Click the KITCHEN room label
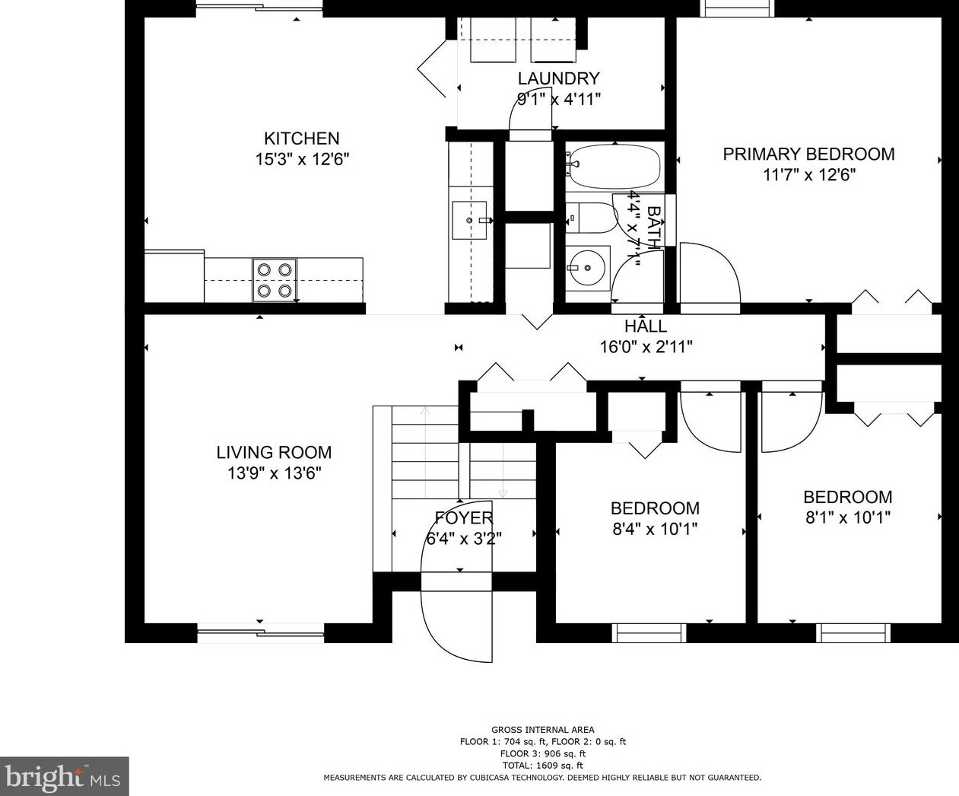302,139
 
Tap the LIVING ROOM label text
275,453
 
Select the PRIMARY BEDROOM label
809,154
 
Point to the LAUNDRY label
558,78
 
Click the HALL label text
646,326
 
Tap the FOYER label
464,518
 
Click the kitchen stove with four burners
275,280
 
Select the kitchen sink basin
469,220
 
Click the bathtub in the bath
613,167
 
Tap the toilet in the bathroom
591,218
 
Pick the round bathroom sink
587,267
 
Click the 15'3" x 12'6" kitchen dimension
302,160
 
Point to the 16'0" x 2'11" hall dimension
646,346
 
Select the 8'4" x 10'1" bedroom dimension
655,529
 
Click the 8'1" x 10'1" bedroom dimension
848,517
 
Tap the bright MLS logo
64,777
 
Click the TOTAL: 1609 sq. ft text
542,766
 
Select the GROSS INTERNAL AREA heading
542,730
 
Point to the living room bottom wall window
260,633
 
